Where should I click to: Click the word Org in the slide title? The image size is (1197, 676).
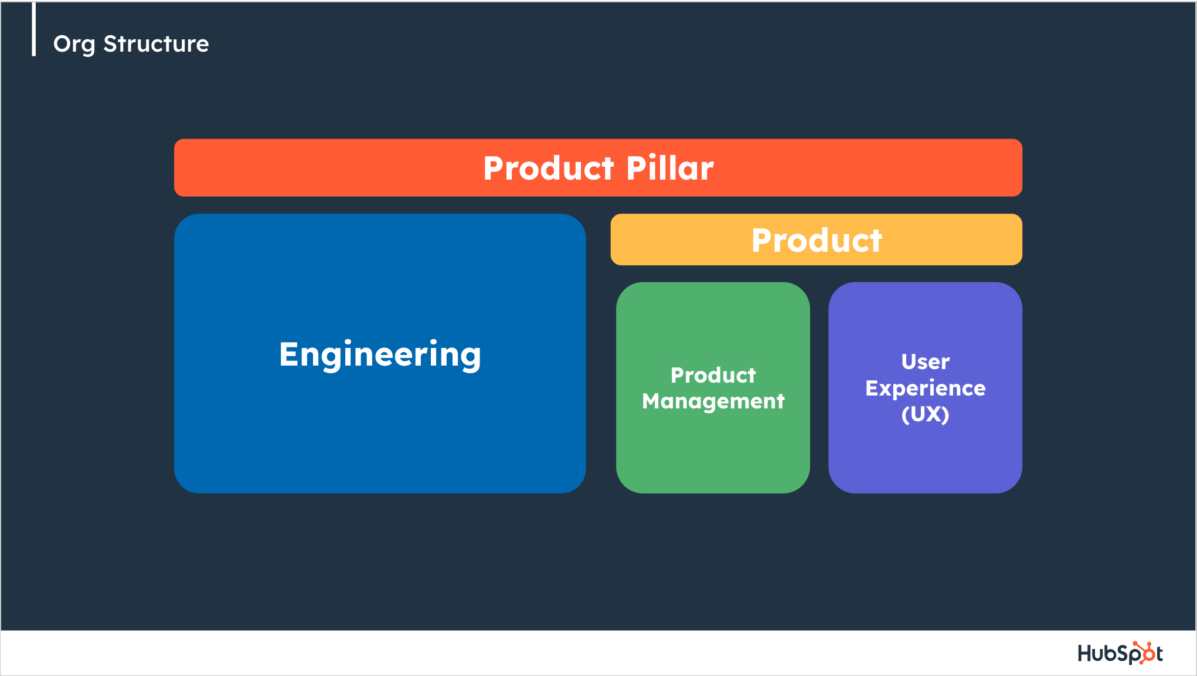(x=74, y=45)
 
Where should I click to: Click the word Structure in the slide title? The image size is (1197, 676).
(x=156, y=43)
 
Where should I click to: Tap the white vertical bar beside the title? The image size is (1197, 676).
(x=34, y=29)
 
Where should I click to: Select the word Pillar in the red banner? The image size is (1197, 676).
(x=670, y=168)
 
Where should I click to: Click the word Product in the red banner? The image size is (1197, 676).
(x=549, y=168)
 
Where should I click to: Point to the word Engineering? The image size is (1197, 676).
(x=380, y=355)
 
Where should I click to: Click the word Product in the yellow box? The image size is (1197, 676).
(x=817, y=240)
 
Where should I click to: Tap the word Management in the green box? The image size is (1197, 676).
(x=713, y=401)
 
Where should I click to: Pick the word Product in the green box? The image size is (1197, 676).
(x=713, y=375)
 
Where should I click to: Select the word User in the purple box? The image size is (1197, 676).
(x=925, y=361)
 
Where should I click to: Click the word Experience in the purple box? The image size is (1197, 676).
(x=925, y=388)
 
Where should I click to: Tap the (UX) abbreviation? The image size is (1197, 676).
(x=925, y=414)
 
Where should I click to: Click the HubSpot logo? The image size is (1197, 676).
(x=1120, y=653)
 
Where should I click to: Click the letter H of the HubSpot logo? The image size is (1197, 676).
(x=1085, y=653)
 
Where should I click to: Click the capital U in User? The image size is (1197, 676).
(x=910, y=361)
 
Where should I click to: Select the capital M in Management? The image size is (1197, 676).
(x=653, y=401)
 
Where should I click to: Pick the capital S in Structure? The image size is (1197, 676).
(x=110, y=44)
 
